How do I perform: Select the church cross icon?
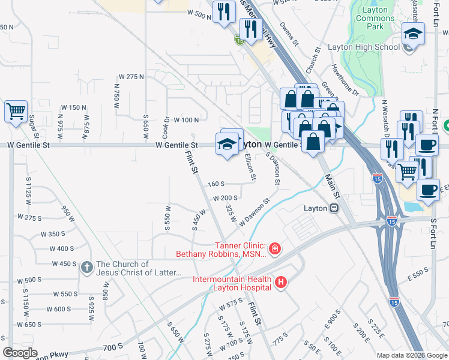[86, 268]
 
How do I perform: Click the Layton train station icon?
[333, 208]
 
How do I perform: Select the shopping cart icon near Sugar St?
[16, 111]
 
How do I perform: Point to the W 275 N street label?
[131, 77]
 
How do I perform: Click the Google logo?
[20, 353]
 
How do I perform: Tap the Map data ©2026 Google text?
[411, 355]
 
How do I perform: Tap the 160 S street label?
[215, 184]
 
